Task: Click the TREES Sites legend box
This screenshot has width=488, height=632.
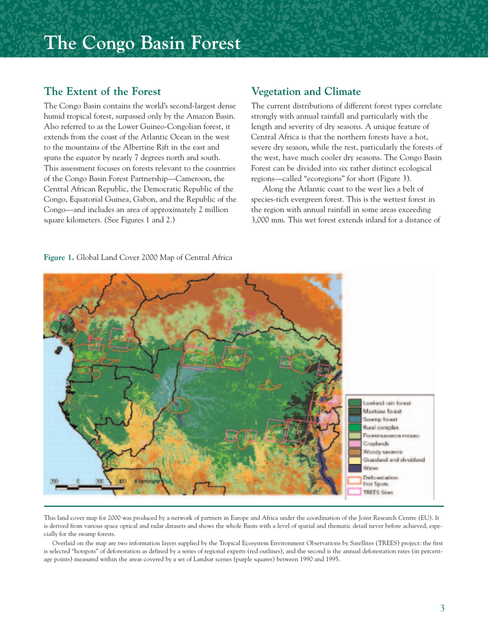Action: click(x=354, y=492)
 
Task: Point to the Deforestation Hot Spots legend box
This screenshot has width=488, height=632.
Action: click(x=354, y=480)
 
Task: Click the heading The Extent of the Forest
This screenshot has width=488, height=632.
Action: click(x=103, y=92)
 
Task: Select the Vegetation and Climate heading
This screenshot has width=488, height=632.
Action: click(x=306, y=92)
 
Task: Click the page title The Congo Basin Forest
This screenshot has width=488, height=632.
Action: click(x=142, y=43)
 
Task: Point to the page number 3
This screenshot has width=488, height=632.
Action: click(x=442, y=609)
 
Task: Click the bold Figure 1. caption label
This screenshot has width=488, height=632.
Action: click(x=59, y=257)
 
